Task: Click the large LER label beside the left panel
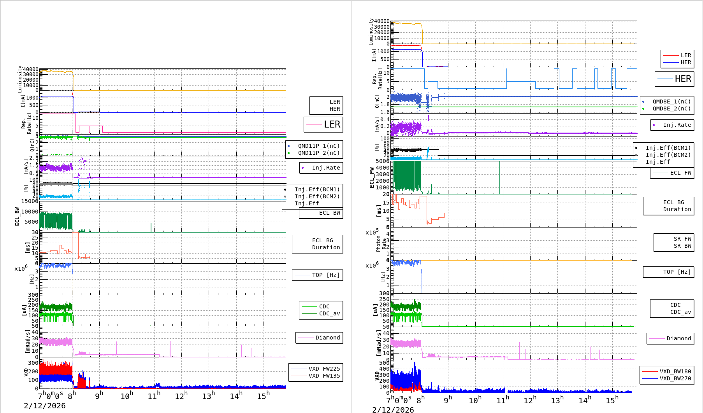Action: tap(332, 124)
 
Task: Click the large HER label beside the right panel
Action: tap(683, 79)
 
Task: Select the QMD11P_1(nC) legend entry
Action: tap(318, 146)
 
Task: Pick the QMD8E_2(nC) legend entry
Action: tap(671, 108)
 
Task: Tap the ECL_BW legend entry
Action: tap(329, 213)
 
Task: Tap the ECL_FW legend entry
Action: tap(680, 173)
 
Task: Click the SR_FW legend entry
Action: tap(682, 239)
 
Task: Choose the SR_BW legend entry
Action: tap(682, 246)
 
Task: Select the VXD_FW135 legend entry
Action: tap(324, 376)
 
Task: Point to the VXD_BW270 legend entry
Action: tap(675, 378)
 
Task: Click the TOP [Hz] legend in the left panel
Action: tap(325, 275)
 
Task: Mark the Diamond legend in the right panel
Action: tap(678, 338)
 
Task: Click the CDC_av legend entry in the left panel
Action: tap(329, 313)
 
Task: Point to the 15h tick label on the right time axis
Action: tap(612, 400)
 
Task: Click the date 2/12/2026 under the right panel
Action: tap(393, 409)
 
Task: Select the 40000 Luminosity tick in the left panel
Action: tap(31, 70)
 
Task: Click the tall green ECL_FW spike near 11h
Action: tap(500, 177)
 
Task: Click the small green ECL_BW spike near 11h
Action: tap(151, 227)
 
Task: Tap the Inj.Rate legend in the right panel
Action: tap(677, 125)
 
